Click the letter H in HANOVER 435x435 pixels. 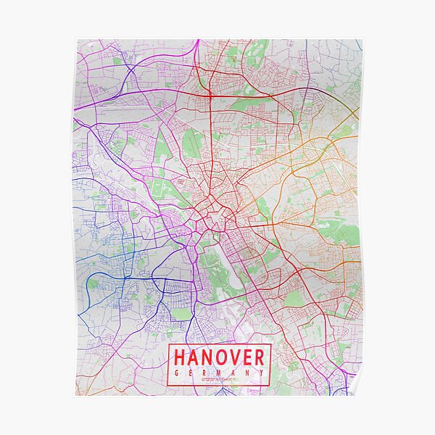[x=180, y=357]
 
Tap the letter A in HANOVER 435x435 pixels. [x=194, y=357]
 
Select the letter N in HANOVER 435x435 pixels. [x=208, y=357]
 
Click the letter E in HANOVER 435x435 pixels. [x=249, y=357]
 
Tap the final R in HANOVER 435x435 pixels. [x=260, y=357]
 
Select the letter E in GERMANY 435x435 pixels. [x=191, y=373]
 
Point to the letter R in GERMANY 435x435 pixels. [x=205, y=373]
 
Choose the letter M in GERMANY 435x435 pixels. [x=220, y=373]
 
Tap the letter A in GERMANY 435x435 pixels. [x=234, y=373]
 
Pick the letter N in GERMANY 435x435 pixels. [x=248, y=373]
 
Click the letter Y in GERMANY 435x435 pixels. [x=262, y=373]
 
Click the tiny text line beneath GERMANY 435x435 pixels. [x=220, y=379]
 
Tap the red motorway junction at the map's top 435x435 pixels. [x=208, y=94]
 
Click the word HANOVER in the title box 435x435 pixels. [x=220, y=357]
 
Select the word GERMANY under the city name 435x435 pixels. [x=220, y=373]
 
